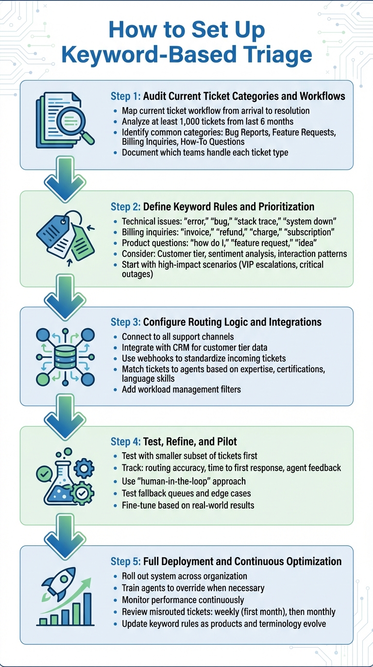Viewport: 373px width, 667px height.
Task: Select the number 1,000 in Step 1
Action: tap(212, 121)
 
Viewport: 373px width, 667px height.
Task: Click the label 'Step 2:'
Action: tap(125, 207)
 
